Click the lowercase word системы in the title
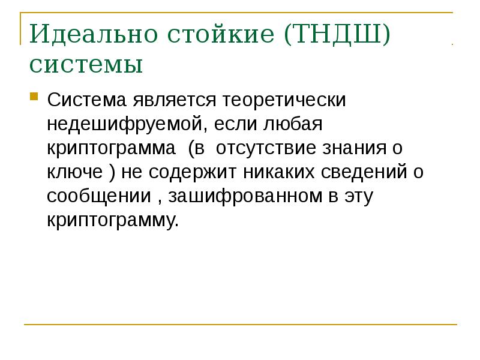tap(86, 64)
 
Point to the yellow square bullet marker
tap(35, 96)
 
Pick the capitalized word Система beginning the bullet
tap(86, 98)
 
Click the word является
tap(174, 100)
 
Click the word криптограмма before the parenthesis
tap(110, 149)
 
